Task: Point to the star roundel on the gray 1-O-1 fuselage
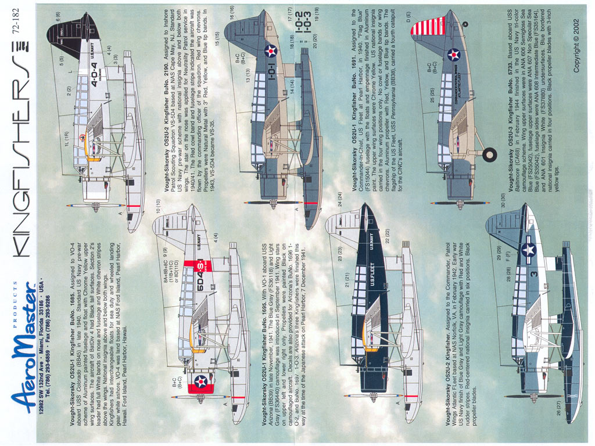point(271,51)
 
